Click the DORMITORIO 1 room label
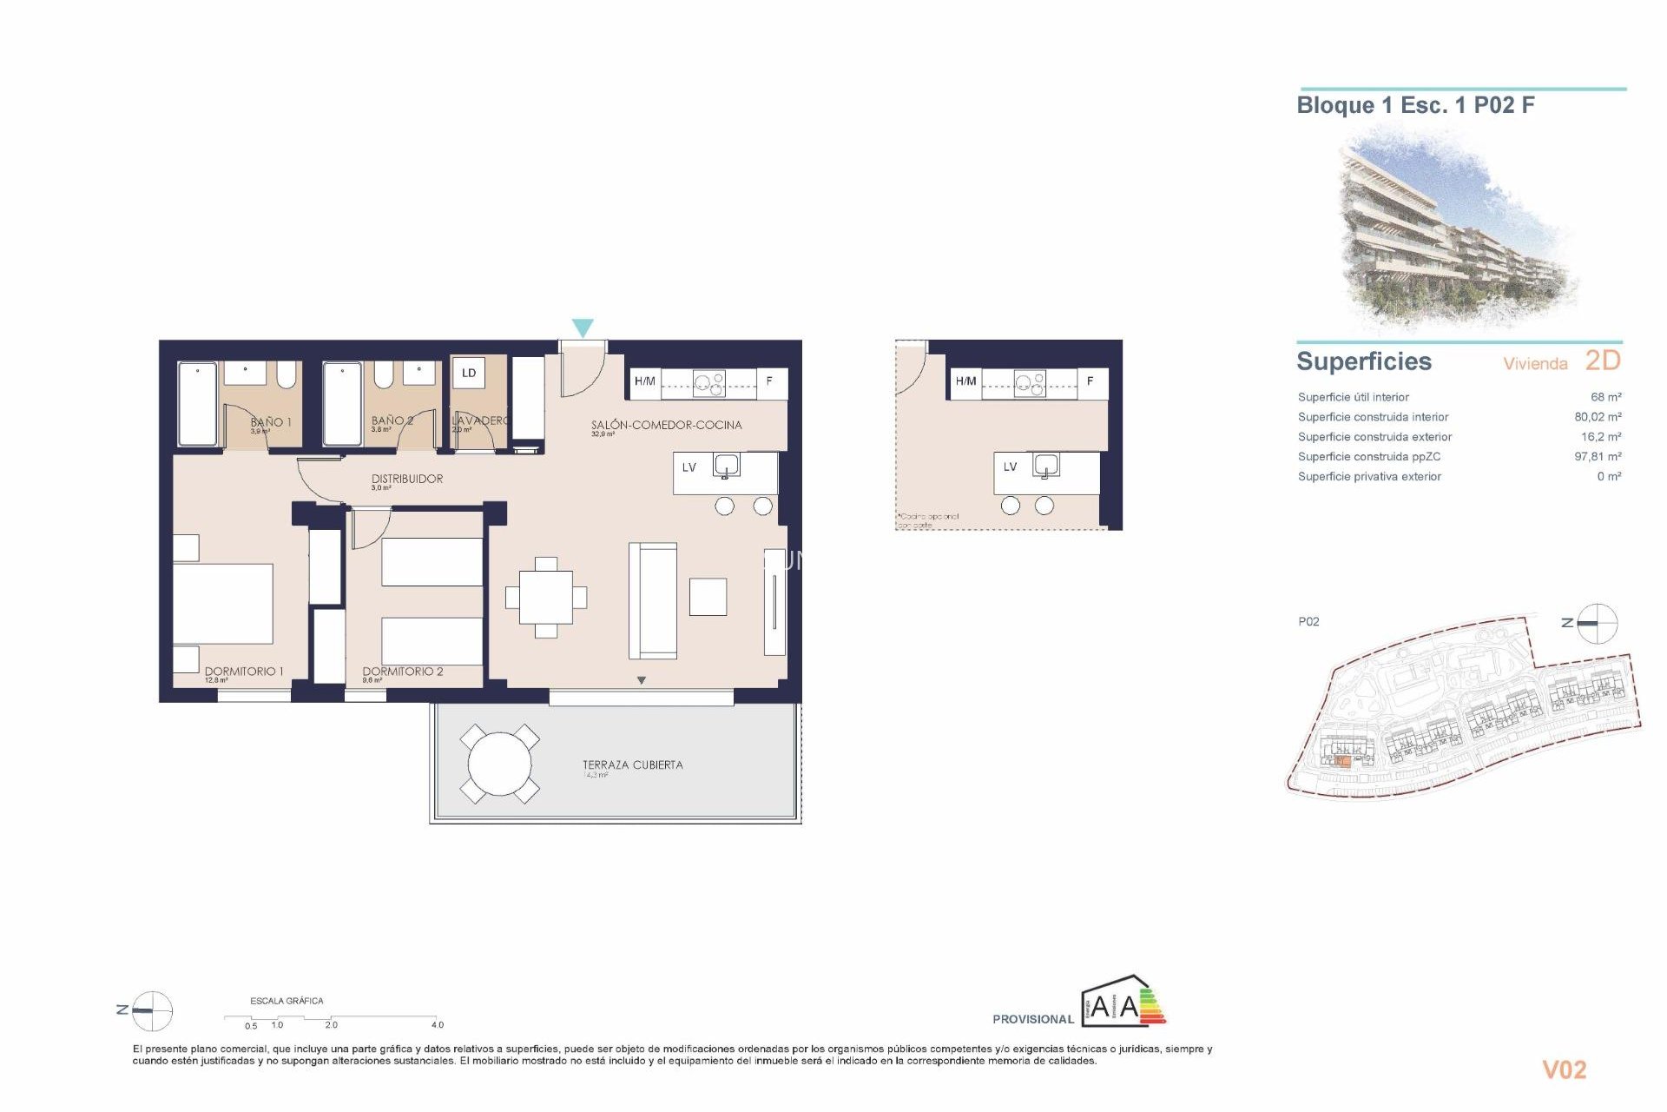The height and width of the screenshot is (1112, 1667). pyautogui.click(x=244, y=671)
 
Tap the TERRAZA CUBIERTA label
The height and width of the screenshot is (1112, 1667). pyautogui.click(x=632, y=764)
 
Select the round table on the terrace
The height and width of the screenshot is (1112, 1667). pyautogui.click(x=499, y=764)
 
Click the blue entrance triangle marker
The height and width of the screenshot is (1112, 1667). pyautogui.click(x=583, y=328)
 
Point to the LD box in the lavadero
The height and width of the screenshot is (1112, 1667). pyautogui.click(x=469, y=373)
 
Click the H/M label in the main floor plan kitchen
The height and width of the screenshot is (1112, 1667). pyautogui.click(x=644, y=381)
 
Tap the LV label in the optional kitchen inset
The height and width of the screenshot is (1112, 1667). pyautogui.click(x=1010, y=467)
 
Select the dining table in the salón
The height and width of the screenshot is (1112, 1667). pyautogui.click(x=546, y=598)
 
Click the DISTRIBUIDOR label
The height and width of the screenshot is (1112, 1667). pyautogui.click(x=406, y=479)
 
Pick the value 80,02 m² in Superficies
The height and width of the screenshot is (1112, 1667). pyautogui.click(x=1598, y=417)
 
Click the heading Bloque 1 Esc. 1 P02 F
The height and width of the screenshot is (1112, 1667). pyautogui.click(x=1415, y=105)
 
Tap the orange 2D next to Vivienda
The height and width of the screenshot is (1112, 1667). pyautogui.click(x=1603, y=361)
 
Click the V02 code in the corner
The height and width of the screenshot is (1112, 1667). pyautogui.click(x=1564, y=1069)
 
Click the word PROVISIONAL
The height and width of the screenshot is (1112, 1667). pyautogui.click(x=1033, y=1019)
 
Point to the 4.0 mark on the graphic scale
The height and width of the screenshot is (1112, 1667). pyautogui.click(x=437, y=1024)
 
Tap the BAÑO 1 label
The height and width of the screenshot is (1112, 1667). pyautogui.click(x=271, y=421)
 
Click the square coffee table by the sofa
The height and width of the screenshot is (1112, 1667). pyautogui.click(x=708, y=598)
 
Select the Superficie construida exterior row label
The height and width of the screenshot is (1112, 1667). pyautogui.click(x=1374, y=437)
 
